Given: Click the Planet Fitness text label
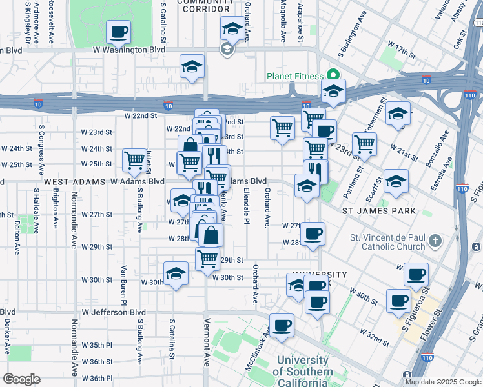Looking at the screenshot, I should tap(294, 76).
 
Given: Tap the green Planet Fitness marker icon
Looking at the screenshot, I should tap(333, 74).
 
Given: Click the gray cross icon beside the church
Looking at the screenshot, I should tap(435, 242).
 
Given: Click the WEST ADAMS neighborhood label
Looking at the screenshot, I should tap(74, 183).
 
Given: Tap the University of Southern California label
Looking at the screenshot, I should tap(303, 372).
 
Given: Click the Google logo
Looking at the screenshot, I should tap(21, 379).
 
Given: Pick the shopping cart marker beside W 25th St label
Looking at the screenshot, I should tap(134, 159).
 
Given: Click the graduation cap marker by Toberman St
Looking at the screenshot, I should tap(398, 114).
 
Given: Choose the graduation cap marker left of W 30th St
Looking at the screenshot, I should tap(176, 273).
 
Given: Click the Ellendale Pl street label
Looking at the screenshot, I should tap(246, 204).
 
